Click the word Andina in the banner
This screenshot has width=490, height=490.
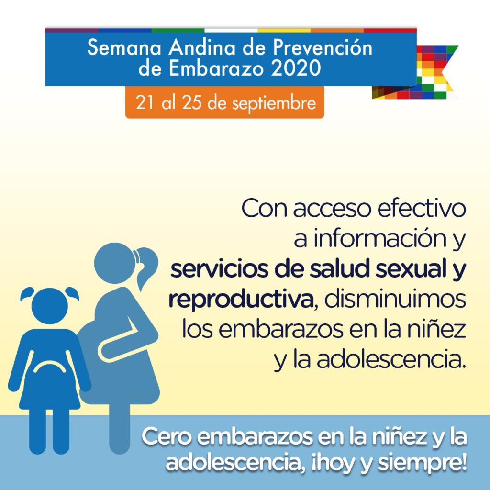pyautogui.click(x=202, y=47)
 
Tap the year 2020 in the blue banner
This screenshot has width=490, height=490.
pyautogui.click(x=296, y=68)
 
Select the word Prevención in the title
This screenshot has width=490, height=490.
pyautogui.click(x=323, y=47)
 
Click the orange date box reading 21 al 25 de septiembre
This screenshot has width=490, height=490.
pyautogui.click(x=225, y=102)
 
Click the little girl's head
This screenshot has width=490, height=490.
pyautogui.click(x=50, y=306)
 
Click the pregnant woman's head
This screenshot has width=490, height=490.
pyautogui.click(x=115, y=263)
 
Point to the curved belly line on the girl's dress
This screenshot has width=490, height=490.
pyautogui.click(x=50, y=365)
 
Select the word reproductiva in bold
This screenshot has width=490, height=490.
pyautogui.click(x=241, y=300)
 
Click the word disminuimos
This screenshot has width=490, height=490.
pyautogui.click(x=395, y=299)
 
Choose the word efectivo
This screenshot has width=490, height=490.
pyautogui.click(x=422, y=208)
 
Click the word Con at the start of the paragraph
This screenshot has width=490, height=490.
pyautogui.click(x=264, y=209)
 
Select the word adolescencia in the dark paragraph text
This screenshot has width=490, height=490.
pyautogui.click(x=391, y=360)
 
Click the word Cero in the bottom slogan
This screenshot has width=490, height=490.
pyautogui.click(x=166, y=436)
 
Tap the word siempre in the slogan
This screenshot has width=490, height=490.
pyautogui.click(x=422, y=463)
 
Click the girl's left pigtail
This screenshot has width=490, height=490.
pyautogui.click(x=27, y=293)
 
